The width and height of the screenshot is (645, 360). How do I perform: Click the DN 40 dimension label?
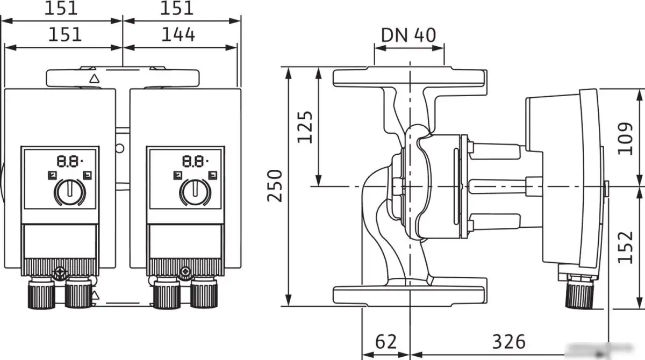(x=408, y=35)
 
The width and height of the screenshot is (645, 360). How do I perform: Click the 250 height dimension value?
(x=275, y=185)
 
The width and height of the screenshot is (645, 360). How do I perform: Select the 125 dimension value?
(x=305, y=127)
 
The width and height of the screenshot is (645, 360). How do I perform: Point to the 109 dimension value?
(x=625, y=138)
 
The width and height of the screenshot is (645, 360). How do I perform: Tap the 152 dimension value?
(x=625, y=247)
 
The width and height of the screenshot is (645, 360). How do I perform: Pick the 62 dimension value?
(x=385, y=341)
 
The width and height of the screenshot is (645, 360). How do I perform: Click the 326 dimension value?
(x=508, y=341)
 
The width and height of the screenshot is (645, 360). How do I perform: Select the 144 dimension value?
(x=178, y=35)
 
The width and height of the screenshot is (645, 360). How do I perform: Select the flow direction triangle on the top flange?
(x=95, y=78)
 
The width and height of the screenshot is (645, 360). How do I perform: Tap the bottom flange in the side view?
(x=410, y=294)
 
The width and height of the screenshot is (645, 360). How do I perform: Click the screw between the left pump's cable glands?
(x=59, y=272)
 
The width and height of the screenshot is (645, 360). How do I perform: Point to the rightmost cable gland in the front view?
(x=204, y=294)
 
